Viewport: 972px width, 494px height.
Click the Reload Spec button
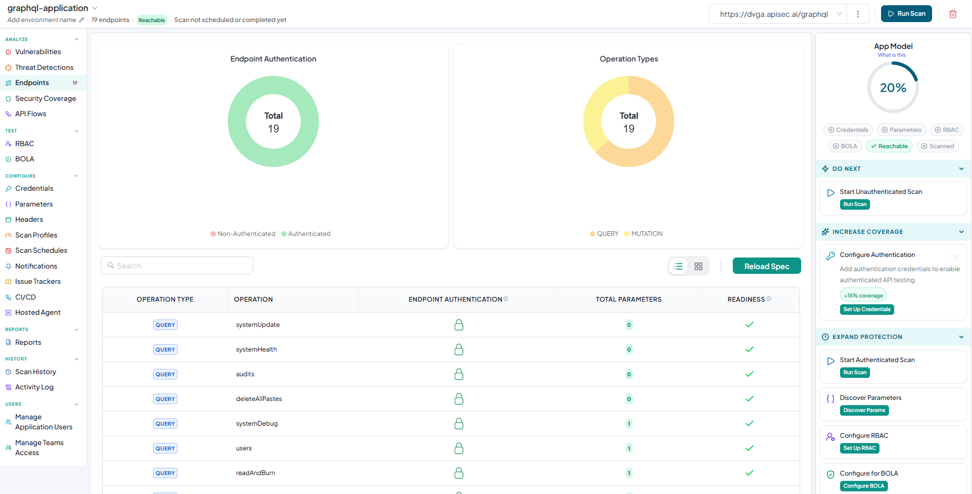766,266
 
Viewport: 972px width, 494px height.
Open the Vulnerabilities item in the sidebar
38,52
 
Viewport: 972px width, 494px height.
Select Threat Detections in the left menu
44,67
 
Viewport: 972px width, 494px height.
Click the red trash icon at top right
953,14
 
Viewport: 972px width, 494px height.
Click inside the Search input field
177,265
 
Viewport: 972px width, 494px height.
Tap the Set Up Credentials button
867,310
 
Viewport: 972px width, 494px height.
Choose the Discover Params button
864,410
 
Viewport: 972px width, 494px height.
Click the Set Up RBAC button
860,448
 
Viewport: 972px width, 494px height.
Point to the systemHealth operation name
257,349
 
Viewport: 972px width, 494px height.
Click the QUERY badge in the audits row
165,374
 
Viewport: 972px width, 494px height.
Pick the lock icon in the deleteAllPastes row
459,399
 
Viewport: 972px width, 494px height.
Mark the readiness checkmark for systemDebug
750,424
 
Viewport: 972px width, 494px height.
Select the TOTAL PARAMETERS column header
629,300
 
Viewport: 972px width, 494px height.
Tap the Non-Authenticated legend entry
243,234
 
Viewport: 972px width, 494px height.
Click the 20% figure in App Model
893,88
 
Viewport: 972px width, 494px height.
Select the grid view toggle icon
698,266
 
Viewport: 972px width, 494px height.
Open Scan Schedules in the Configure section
41,250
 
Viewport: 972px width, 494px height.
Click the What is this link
892,55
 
